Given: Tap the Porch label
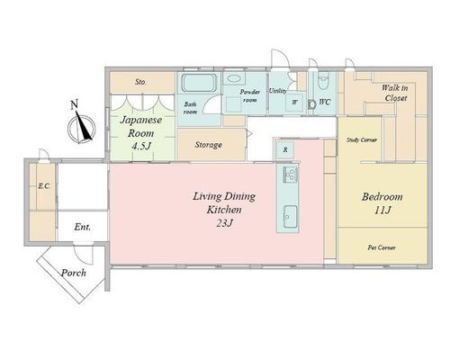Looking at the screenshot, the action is point(74,273).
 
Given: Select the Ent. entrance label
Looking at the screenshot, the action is point(82,227).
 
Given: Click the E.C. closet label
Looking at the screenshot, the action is point(44,186).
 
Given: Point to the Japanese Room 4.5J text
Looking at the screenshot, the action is point(141,133).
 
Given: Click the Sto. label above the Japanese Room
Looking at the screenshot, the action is point(140,82).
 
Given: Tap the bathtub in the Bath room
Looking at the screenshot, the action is point(199,83).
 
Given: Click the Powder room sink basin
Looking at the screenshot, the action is point(234,78).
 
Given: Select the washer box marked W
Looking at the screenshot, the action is point(294,102).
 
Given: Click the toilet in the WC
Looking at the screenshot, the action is point(323,81).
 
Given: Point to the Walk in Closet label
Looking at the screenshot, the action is point(395,93).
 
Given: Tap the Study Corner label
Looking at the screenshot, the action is point(362,139).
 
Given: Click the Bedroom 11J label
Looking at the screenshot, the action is point(382,203).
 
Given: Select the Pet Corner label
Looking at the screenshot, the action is point(382,247).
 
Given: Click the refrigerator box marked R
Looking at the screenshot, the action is point(285,149).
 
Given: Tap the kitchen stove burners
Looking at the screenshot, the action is point(290,174).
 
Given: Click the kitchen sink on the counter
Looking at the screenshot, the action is point(290,217).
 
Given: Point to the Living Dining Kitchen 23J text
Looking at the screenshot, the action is point(224,210).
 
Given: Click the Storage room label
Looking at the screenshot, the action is point(209,145).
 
